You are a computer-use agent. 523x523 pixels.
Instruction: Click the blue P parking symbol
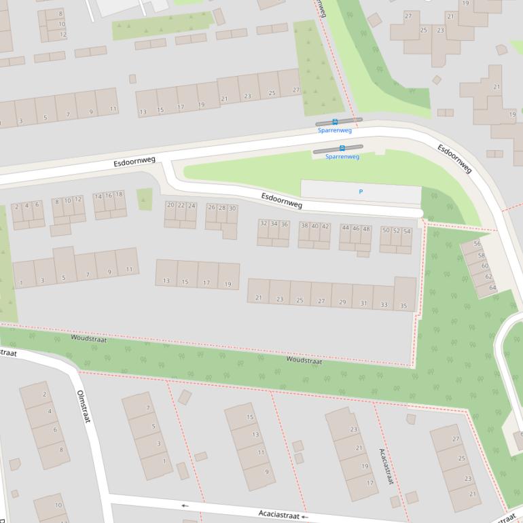[x=361, y=192]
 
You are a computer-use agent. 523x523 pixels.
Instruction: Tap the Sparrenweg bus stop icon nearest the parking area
[x=342, y=147]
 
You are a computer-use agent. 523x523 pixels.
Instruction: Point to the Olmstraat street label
[x=83, y=407]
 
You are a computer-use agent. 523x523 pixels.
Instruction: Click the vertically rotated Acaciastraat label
[x=386, y=466]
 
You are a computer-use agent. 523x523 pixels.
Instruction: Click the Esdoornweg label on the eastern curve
[x=454, y=159]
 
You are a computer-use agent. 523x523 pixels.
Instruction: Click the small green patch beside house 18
[x=145, y=198]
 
